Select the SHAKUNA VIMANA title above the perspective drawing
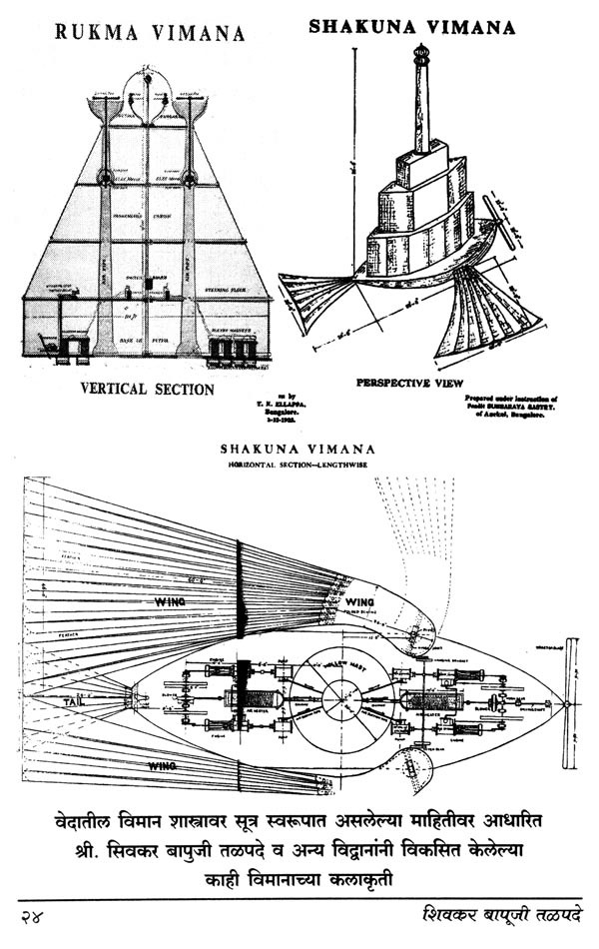(410, 27)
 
